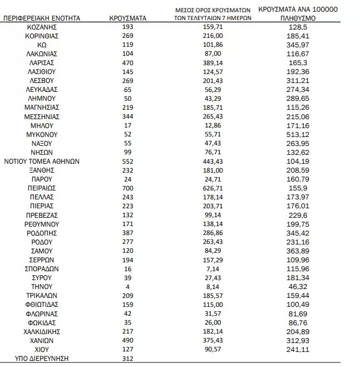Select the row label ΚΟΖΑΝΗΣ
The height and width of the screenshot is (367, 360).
42,27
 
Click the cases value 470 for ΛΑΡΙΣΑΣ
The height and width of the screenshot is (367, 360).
128,63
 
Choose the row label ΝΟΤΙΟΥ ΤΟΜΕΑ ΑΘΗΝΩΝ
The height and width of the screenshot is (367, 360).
42,161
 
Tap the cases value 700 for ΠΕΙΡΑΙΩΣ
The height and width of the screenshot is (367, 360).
128,188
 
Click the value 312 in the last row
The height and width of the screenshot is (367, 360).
128,358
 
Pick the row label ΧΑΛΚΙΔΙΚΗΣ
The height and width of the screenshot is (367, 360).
42,331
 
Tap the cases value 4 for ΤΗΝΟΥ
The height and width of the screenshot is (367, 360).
128,286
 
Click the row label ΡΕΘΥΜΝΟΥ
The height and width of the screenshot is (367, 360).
42,224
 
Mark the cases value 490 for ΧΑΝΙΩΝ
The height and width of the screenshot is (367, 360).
128,340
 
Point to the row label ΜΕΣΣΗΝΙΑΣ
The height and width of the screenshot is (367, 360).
42,116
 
